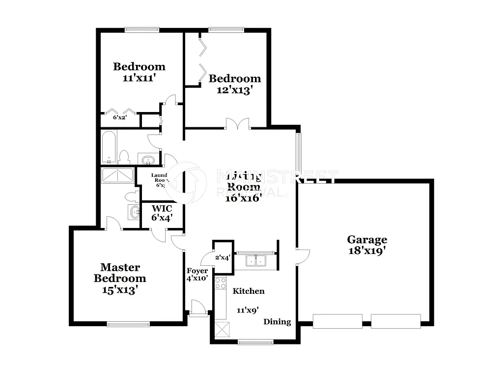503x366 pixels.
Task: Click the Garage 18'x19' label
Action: [x=367, y=245]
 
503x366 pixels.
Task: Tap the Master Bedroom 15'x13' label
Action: [x=120, y=279]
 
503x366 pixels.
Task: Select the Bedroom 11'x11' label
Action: [x=139, y=72]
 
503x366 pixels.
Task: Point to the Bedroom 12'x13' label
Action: [x=235, y=84]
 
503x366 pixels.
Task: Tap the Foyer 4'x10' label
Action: [x=197, y=274]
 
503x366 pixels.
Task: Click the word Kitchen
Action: [x=248, y=291]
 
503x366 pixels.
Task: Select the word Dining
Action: [x=277, y=322]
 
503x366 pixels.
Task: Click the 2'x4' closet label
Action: [x=223, y=257]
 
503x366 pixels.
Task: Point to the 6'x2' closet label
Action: [x=120, y=117]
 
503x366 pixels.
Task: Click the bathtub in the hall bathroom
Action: [x=109, y=147]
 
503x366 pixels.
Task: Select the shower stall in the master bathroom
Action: [x=117, y=176]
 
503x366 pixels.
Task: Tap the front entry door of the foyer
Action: [x=198, y=308]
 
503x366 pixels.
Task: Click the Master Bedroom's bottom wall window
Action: [x=128, y=323]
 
